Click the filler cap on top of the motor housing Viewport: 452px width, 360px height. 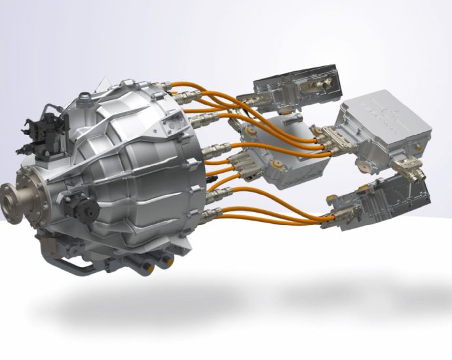pos(85,98)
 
